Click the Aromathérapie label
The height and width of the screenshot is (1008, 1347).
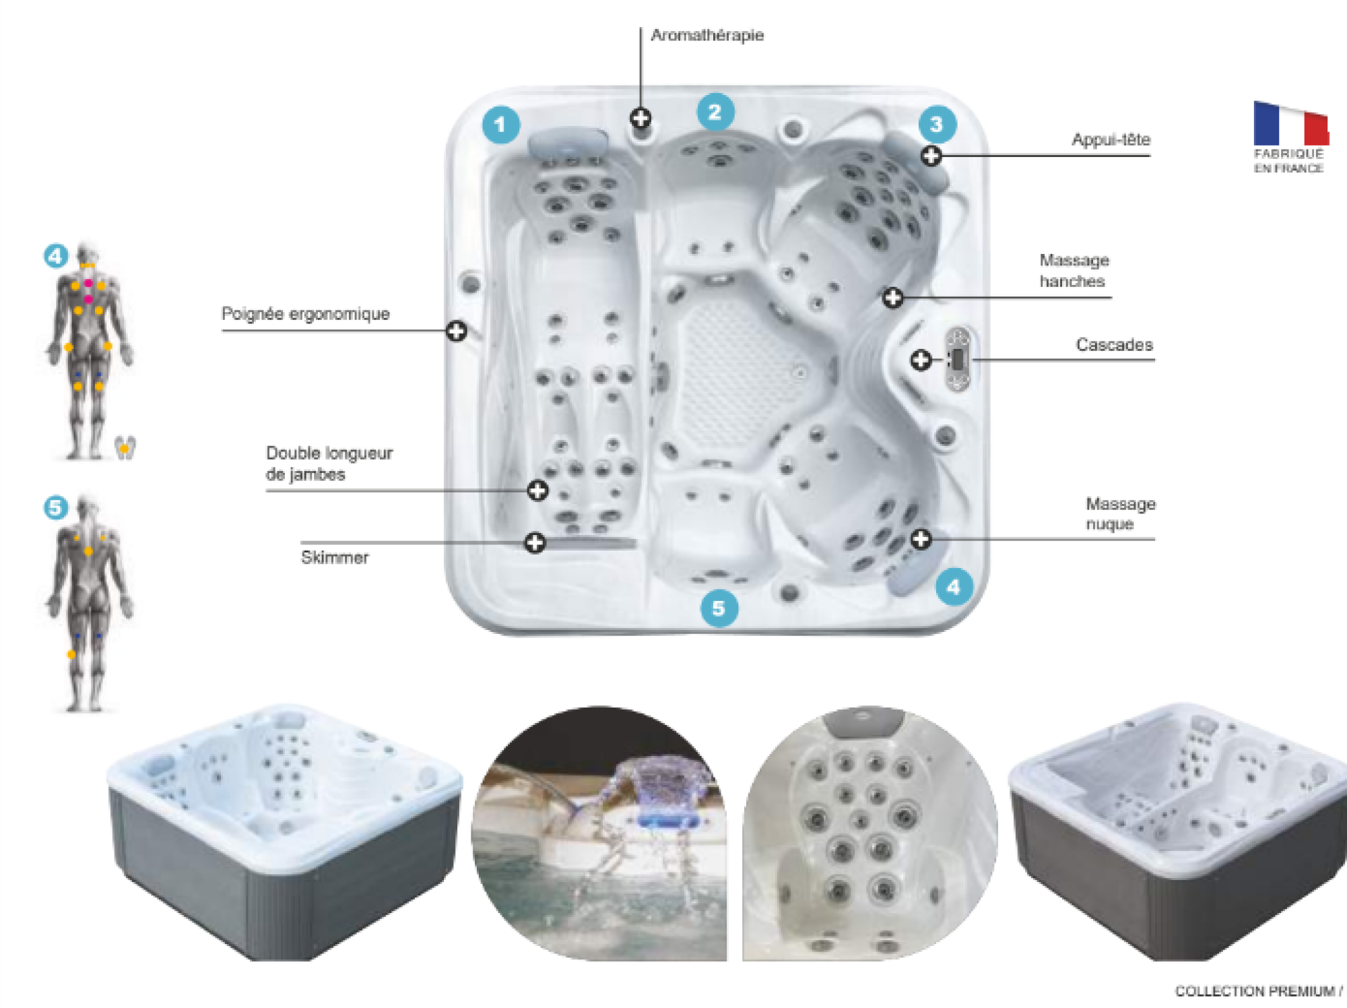coord(707,35)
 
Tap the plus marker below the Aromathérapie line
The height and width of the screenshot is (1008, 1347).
coord(640,119)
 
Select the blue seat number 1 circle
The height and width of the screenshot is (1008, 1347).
coord(500,125)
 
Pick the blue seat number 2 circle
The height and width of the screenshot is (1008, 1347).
coord(715,112)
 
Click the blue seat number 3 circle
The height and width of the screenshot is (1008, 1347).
coord(937,124)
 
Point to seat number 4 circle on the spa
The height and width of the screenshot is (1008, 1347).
coord(954,587)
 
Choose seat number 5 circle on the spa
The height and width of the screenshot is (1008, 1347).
coord(719,608)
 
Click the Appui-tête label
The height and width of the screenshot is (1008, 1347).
coord(1111,139)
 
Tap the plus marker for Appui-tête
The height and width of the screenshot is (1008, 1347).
coord(931,156)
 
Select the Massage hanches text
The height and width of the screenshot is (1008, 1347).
coord(1074,270)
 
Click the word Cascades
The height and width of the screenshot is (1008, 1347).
coord(1115,344)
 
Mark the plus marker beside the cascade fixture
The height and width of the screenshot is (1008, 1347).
coord(921,360)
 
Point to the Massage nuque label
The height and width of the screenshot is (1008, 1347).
coord(1121,513)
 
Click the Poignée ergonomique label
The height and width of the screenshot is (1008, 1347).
coord(306,314)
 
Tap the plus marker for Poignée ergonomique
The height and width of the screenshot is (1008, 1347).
coord(457,331)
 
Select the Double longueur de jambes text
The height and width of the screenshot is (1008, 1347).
coord(329,464)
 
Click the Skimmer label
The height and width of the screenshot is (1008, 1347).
coord(335,557)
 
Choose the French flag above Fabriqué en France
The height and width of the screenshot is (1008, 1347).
coord(1290,123)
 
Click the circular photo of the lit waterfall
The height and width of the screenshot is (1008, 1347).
coord(599,833)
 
